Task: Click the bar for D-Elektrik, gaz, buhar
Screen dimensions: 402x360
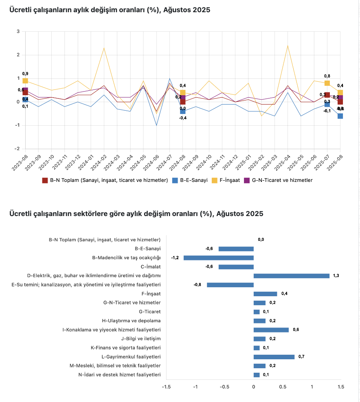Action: point(291,276)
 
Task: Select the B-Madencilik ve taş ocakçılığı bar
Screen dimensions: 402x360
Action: point(218,258)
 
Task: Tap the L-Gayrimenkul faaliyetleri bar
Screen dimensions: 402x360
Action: point(274,357)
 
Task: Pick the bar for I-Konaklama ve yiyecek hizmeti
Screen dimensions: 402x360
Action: point(271,330)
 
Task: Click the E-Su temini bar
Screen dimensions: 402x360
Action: point(230,285)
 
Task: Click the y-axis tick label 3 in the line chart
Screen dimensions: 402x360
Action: point(18,31)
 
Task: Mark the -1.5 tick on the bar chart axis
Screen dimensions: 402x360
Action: point(166,387)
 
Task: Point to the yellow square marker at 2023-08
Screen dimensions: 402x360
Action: point(25,81)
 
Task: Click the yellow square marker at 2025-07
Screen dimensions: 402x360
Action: point(327,83)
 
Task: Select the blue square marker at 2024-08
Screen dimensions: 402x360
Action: point(183,111)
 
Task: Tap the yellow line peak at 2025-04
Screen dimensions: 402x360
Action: point(288,46)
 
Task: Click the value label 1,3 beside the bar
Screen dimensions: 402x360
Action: point(336,276)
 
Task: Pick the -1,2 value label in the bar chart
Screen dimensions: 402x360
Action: point(175,258)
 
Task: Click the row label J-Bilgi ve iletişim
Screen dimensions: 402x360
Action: point(140,339)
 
